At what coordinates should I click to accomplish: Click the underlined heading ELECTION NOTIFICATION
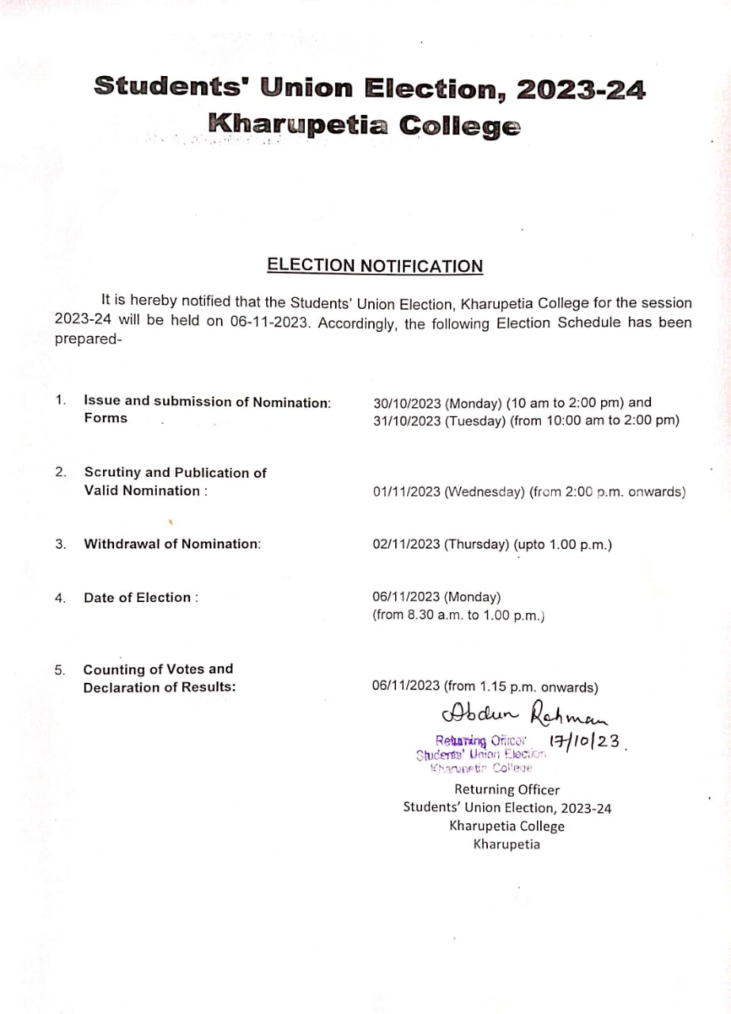click(x=375, y=265)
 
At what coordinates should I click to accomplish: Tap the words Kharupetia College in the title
click(x=364, y=125)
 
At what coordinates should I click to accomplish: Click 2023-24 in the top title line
click(x=581, y=89)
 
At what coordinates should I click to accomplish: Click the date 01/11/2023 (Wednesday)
click(x=448, y=492)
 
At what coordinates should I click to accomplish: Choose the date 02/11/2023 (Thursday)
click(x=441, y=545)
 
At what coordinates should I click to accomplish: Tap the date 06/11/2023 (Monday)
click(x=436, y=597)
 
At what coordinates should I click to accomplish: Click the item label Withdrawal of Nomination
click(x=172, y=544)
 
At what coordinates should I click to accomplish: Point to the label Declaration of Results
click(x=159, y=688)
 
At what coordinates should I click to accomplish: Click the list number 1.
click(x=60, y=401)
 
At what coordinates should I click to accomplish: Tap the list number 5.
click(x=60, y=670)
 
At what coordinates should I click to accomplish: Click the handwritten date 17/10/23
click(x=584, y=741)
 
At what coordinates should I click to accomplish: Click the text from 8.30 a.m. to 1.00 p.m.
click(x=459, y=616)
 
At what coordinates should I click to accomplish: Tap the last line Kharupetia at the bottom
click(x=507, y=844)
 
